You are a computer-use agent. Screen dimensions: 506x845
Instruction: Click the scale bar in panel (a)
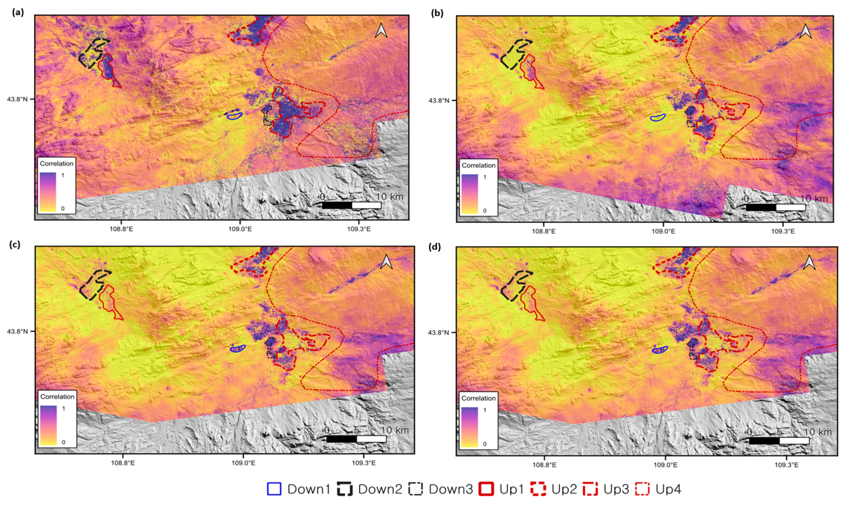click(x=352, y=205)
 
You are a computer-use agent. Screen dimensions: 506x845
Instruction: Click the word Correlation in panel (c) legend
click(x=57, y=397)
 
